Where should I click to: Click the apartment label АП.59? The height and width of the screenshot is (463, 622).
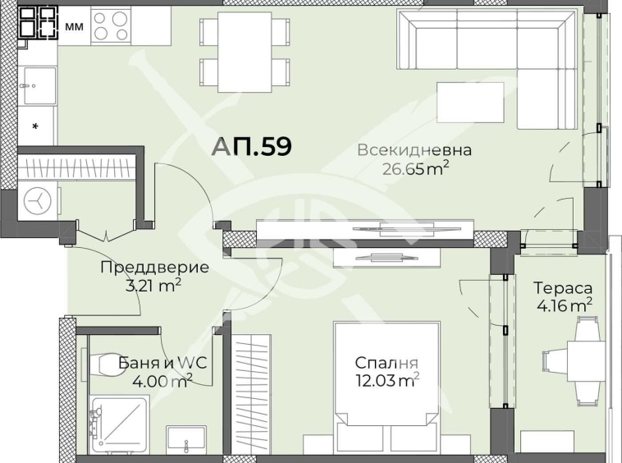(251, 146)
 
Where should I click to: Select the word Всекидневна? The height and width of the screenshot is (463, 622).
(414, 150)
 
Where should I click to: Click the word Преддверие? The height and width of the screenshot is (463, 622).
(143, 267)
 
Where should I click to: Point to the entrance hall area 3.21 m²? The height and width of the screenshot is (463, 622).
(140, 285)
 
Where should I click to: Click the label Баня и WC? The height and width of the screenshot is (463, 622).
(157, 361)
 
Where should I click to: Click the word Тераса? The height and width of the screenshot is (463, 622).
(563, 288)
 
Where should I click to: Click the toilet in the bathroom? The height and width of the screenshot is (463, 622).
(105, 362)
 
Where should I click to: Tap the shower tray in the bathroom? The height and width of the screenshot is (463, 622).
(120, 424)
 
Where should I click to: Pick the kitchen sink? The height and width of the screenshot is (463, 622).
(37, 85)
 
